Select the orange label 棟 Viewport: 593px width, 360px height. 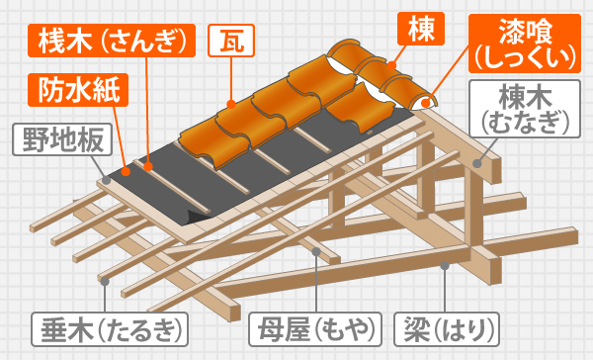pyautogui.click(x=414, y=28)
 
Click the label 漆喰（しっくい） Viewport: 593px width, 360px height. pyautogui.click(x=524, y=42)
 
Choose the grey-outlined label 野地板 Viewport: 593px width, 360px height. pyautogui.click(x=60, y=138)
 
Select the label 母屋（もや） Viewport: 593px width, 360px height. pyautogui.click(x=315, y=326)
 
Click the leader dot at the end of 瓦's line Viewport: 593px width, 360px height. pyautogui.click(x=230, y=102)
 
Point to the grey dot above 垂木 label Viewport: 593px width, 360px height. pyautogui.click(x=104, y=280)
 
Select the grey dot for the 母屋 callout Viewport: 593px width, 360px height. pyautogui.click(x=315, y=251)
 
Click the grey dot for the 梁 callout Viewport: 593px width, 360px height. pyautogui.click(x=446, y=265)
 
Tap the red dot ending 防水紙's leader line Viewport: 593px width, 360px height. pyautogui.click(x=127, y=170)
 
